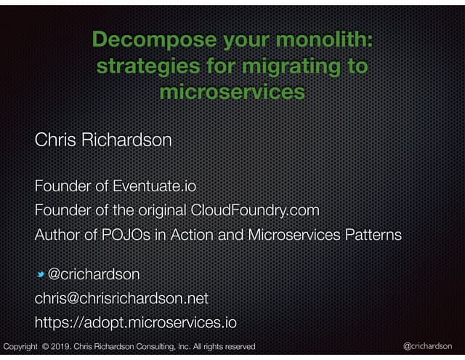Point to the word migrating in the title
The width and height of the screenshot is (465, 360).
[x=286, y=68]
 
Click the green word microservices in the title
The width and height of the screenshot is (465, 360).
[x=231, y=94]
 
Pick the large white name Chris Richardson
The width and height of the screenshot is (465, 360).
[x=103, y=140]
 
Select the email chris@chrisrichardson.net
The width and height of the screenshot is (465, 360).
[x=121, y=297]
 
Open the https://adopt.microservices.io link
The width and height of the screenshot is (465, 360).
[x=136, y=321]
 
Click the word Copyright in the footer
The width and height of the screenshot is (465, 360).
[x=20, y=346]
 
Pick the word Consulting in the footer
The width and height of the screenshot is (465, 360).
[x=153, y=346]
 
